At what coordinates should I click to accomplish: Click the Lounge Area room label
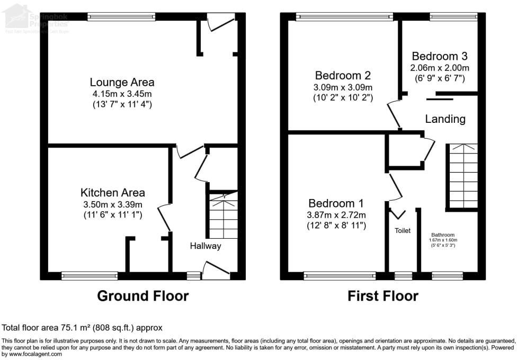tap(122, 82)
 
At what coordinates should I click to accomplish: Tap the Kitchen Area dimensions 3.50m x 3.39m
tap(112, 204)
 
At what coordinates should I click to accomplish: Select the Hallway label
tap(206, 246)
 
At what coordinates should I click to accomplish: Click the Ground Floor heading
tap(142, 296)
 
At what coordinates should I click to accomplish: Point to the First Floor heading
tap(382, 296)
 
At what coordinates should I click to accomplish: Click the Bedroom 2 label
tap(343, 75)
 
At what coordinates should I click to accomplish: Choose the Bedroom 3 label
tap(440, 56)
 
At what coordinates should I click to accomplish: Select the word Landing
tap(445, 119)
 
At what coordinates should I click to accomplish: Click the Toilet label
tap(403, 231)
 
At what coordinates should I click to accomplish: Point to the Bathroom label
tap(442, 235)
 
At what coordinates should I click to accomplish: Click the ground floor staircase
tap(224, 216)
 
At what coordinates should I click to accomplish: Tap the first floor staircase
tap(462, 177)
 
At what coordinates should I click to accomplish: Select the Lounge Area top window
tap(121, 17)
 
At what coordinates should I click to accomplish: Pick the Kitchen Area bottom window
tap(90, 275)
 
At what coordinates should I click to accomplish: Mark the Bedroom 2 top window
tap(344, 17)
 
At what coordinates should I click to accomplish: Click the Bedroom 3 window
tap(453, 17)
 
